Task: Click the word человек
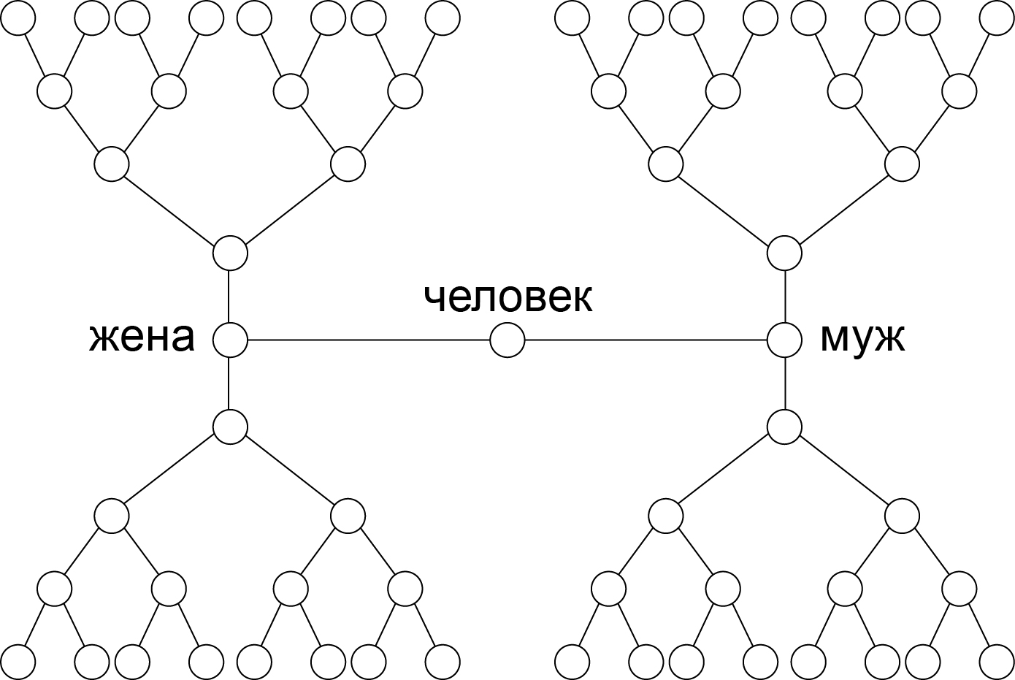coord(508,299)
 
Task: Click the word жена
coord(142,339)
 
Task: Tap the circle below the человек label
coord(507,340)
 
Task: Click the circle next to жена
coord(230,340)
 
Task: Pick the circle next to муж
coord(785,340)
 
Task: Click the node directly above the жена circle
coord(230,253)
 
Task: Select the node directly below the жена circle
coord(230,427)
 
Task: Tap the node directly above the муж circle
coord(785,253)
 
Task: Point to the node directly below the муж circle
coord(785,427)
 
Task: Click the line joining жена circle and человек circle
coord(369,340)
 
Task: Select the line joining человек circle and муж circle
coord(646,340)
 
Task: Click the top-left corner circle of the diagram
coord(18,18)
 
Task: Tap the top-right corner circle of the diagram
coord(997,18)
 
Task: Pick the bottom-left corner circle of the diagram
coord(18,662)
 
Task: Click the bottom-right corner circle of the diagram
coord(997,662)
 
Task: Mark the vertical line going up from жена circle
coord(229,297)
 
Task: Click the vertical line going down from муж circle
coord(785,383)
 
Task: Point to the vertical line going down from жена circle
coord(229,383)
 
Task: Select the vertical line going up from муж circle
coord(785,297)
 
